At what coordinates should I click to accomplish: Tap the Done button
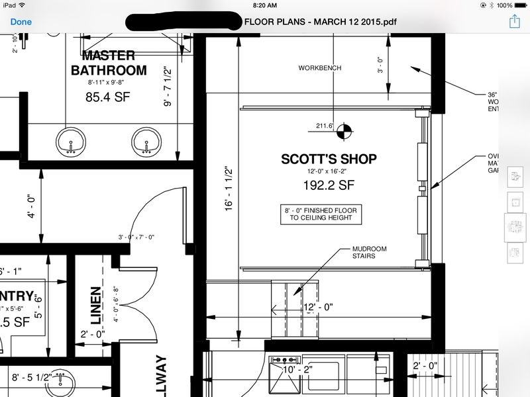point(21,21)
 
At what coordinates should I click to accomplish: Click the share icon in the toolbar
point(514,22)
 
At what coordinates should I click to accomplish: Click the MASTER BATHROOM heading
point(108,62)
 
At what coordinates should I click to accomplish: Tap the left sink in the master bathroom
point(72,142)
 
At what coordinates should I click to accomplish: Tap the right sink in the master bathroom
point(147,142)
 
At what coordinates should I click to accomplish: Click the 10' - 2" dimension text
point(297,369)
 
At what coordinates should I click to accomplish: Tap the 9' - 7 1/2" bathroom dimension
point(168,86)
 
